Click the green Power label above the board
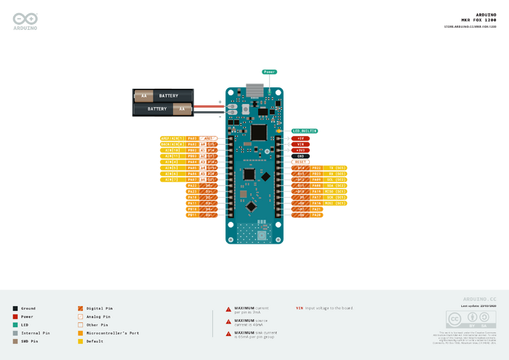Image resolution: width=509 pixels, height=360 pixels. coord(270,72)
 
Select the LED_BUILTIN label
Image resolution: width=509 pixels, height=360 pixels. coord(305,131)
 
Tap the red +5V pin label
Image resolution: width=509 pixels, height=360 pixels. coord(301,137)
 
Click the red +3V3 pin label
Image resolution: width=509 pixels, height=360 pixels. coord(301,150)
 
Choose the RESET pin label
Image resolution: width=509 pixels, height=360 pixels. coord(301,161)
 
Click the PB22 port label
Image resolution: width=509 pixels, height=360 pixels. coord(316,168)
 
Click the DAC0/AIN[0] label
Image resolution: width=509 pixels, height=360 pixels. coord(173,137)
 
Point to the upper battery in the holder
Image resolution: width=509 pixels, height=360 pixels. coord(164,96)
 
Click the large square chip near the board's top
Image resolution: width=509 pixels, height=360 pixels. coord(257,132)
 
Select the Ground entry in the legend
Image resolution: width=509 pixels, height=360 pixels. coord(28,308)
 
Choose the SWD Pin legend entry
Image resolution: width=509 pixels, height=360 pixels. coord(30,341)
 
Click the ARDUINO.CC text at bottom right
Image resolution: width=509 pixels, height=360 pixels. coord(479,300)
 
